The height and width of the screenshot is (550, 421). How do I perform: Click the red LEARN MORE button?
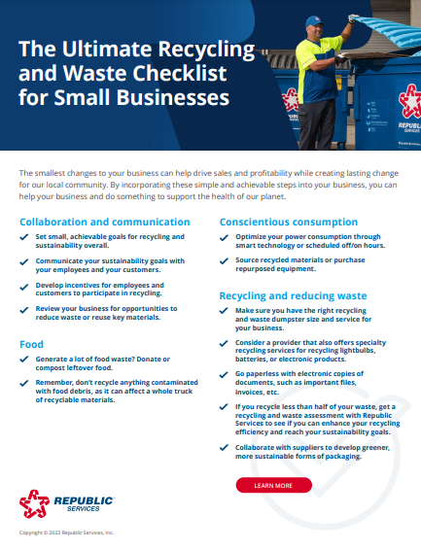coord(273,484)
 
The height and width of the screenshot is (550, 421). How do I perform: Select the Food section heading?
coord(31,344)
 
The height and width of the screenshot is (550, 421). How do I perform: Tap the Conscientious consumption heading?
coord(288,222)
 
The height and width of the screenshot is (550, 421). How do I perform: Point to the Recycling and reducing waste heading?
coord(293,294)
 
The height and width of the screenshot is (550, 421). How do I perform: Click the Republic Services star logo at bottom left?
coord(34,502)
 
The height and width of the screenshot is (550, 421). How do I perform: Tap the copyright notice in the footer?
coord(66,533)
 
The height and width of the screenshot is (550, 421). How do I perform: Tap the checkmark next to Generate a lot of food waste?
coord(23,359)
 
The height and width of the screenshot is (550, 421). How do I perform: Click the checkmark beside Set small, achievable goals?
coord(23,236)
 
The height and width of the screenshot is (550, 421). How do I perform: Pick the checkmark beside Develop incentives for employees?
coord(23,286)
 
